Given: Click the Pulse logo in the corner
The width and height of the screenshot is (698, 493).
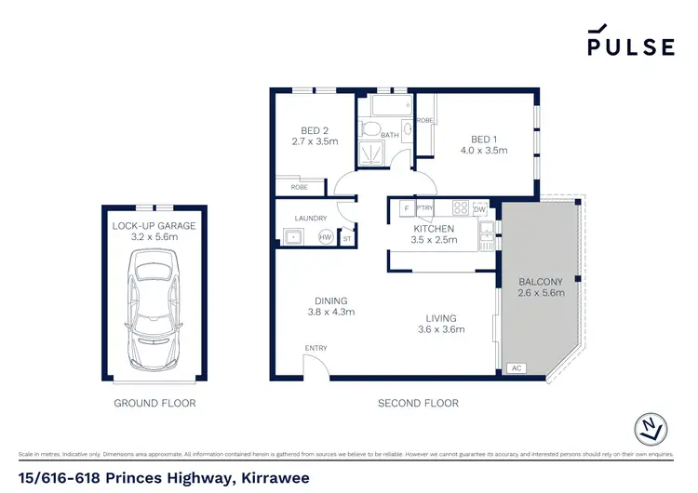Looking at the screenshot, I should coord(630,42).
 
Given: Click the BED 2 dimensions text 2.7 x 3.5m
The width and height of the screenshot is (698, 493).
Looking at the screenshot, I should coord(315,142).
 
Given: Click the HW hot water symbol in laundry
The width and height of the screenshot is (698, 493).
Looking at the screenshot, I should coord(325,237).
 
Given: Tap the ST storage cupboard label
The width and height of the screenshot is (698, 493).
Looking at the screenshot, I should coord(347,238).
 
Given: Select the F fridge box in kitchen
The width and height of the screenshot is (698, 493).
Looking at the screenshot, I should coord(406,208).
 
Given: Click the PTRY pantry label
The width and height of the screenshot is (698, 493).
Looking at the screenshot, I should coord(425,208).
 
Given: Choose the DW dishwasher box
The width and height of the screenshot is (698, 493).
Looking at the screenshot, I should coord(479,208).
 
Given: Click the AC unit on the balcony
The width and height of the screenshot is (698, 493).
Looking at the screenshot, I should coord(517,369).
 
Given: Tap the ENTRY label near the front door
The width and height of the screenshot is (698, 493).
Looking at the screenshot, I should coord(315,349).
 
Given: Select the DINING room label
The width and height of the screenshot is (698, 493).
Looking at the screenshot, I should coord(330,300).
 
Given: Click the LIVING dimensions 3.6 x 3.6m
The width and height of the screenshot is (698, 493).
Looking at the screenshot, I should coord(440,328).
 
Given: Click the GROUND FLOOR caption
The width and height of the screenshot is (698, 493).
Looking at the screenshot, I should coord(154,404).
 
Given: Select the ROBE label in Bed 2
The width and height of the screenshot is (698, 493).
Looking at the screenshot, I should coord(300,187).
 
